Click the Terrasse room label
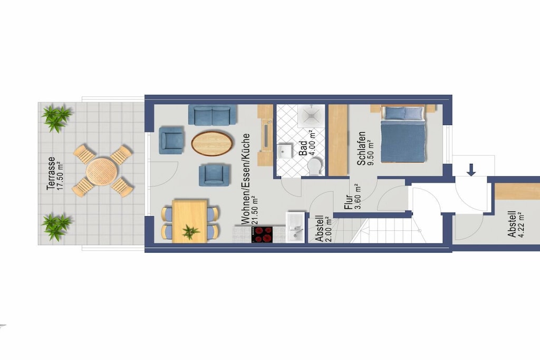click(51, 173)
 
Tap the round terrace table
click(102, 171)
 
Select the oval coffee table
click(212, 143)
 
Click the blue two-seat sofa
click(212, 115)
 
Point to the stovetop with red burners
click(262, 235)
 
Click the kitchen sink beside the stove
click(295, 227)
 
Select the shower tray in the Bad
click(311, 116)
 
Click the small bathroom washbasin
click(285, 152)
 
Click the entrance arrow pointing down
click(471, 170)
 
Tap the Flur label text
click(348, 202)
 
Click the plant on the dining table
click(190, 231)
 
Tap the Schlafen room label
click(361, 148)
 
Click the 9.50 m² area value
click(371, 152)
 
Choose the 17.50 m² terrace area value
click(60, 176)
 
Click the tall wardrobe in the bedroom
click(338, 140)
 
